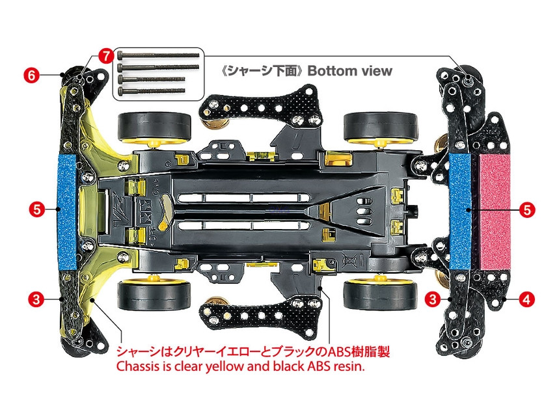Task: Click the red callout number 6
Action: point(30,75)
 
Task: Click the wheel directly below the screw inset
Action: point(153,126)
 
